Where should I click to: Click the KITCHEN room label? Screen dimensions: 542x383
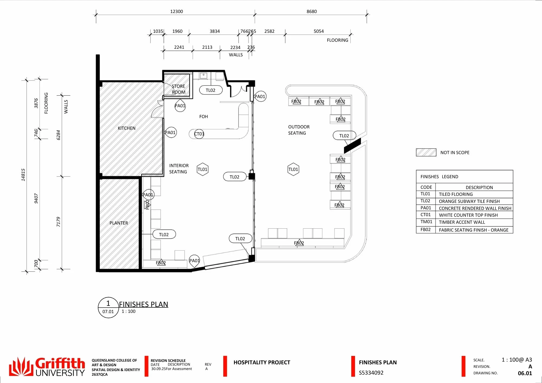tap(127, 128)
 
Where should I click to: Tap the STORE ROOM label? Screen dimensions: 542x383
tap(179, 89)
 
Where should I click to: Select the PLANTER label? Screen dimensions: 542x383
tap(119, 223)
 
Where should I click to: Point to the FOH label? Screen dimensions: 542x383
tap(204, 116)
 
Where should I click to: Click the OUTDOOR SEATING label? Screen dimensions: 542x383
tap(299, 130)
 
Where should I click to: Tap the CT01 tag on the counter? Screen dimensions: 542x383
tap(199, 134)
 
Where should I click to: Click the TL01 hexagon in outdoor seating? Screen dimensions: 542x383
tap(293, 169)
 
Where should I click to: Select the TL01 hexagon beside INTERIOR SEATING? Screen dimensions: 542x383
tap(202, 169)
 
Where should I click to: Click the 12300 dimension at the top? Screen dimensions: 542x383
tap(176, 11)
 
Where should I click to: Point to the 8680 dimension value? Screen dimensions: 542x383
tap(312, 11)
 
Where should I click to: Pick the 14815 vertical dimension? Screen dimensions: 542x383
tap(23, 175)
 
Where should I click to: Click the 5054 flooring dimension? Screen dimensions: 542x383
tap(319, 31)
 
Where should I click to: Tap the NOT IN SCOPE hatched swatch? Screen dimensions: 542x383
tap(426, 152)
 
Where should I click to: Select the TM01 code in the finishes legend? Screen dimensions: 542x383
tap(426, 222)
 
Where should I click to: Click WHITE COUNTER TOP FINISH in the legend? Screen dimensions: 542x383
tap(468, 215)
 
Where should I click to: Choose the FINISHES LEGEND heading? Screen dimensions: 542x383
tap(439, 177)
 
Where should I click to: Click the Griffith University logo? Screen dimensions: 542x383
tap(47, 367)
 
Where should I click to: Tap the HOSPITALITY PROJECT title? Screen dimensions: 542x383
tap(262, 362)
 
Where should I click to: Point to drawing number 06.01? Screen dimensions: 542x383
tap(525, 373)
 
